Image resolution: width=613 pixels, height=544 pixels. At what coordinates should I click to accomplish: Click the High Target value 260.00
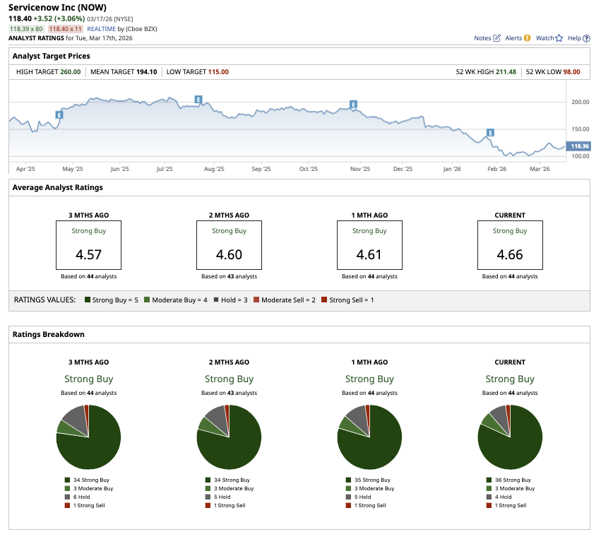click(x=70, y=71)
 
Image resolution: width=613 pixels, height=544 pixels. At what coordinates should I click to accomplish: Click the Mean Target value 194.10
click(x=147, y=71)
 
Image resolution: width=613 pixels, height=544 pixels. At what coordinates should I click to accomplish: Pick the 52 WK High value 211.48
click(x=506, y=71)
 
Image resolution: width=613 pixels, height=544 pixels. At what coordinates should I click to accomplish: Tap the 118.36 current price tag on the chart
click(x=579, y=146)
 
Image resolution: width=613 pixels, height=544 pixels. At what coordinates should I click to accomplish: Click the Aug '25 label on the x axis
click(x=214, y=170)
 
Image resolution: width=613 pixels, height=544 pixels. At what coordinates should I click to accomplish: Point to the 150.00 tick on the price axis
click(x=580, y=129)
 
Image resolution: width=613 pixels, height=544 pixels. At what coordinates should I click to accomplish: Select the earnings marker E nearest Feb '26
click(x=489, y=132)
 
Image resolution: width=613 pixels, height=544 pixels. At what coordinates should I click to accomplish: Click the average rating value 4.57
click(x=88, y=254)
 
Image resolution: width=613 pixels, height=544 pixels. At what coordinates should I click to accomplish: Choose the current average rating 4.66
click(x=510, y=254)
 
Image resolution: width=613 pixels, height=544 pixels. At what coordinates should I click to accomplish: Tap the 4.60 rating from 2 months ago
click(x=229, y=254)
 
